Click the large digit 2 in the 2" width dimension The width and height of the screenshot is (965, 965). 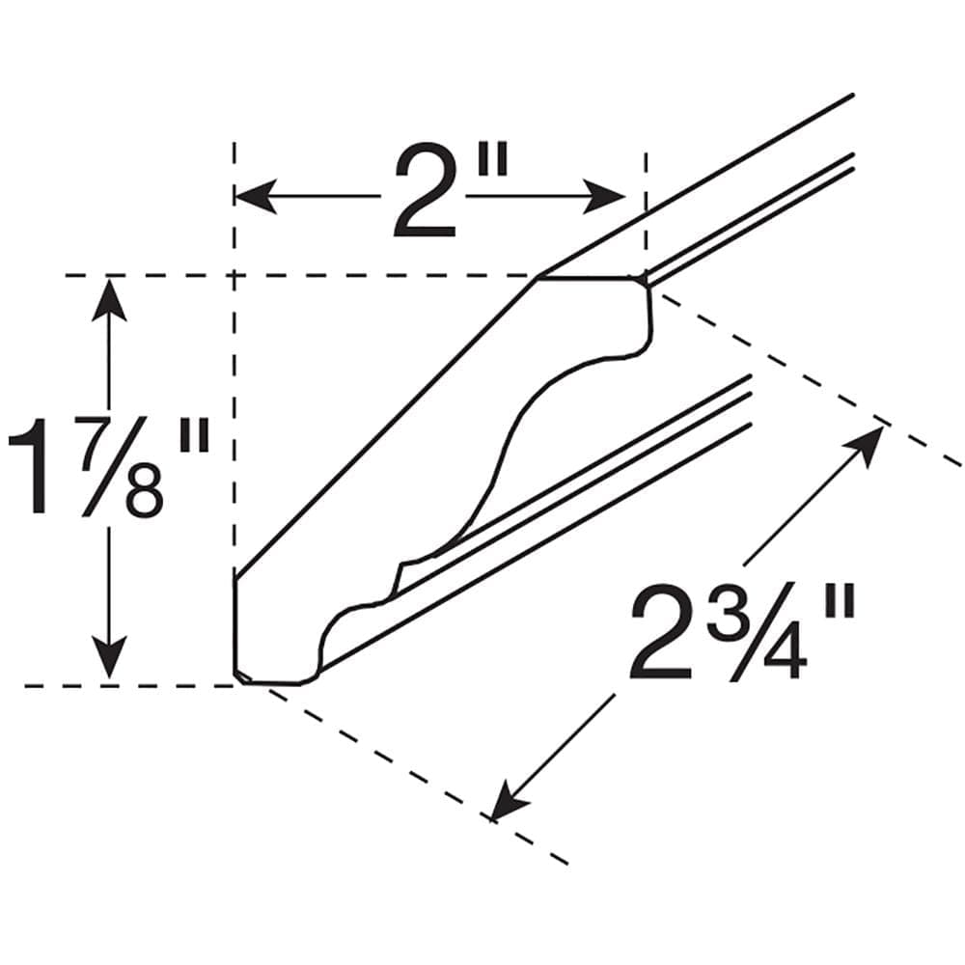426,192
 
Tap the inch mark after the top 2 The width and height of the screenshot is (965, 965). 493,159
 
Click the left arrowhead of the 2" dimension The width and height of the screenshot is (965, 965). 255,196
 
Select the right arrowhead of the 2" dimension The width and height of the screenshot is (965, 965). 604,196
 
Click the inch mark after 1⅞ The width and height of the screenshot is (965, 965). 195,434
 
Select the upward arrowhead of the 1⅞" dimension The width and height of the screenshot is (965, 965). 110,300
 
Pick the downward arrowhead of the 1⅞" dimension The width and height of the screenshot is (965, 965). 110,657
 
